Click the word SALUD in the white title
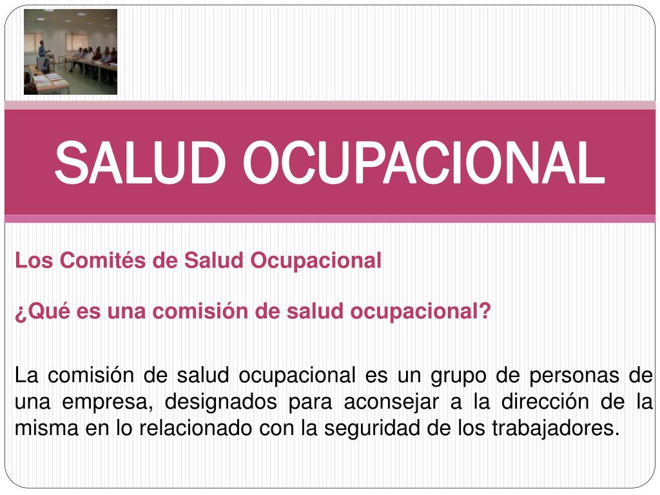coord(140,162)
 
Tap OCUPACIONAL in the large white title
coord(424,162)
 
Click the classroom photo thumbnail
coord(71,52)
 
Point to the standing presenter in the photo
coord(43,55)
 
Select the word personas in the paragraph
coord(574,376)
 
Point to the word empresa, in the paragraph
coord(107,402)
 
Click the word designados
coord(220,402)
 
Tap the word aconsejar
coord(391,402)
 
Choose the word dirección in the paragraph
coord(545,402)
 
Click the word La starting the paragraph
coord(26,375)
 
